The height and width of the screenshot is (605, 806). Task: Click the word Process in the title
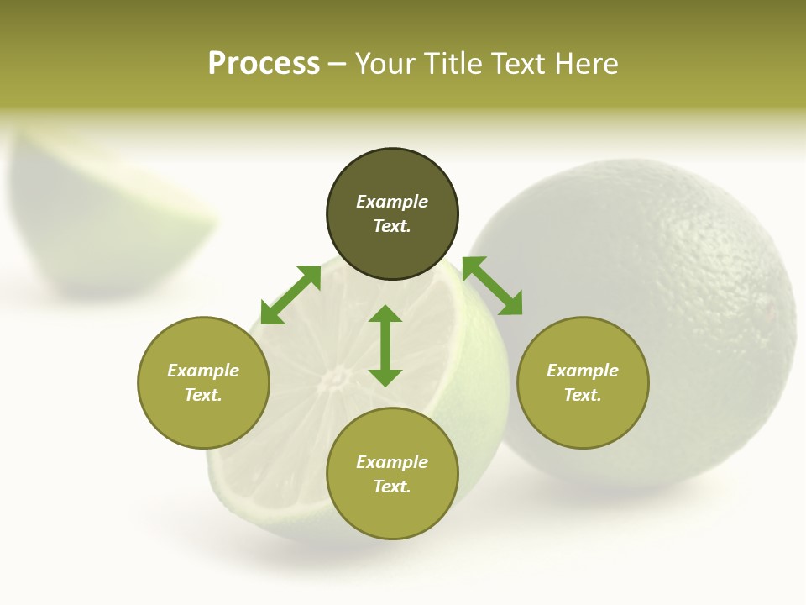(x=264, y=64)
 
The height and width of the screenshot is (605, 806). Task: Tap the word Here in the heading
(x=587, y=64)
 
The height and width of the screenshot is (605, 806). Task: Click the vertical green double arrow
(x=385, y=345)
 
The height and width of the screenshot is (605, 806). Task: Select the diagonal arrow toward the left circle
(x=290, y=295)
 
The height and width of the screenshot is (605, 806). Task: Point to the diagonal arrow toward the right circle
(x=492, y=286)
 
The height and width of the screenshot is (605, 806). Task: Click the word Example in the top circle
(x=392, y=202)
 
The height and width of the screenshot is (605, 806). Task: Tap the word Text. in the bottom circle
(x=392, y=487)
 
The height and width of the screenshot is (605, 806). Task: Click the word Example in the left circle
(x=203, y=371)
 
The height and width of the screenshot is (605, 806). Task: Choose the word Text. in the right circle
(x=583, y=395)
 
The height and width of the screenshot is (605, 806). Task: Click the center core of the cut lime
(x=336, y=378)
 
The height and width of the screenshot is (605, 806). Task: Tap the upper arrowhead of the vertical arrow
(x=385, y=315)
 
